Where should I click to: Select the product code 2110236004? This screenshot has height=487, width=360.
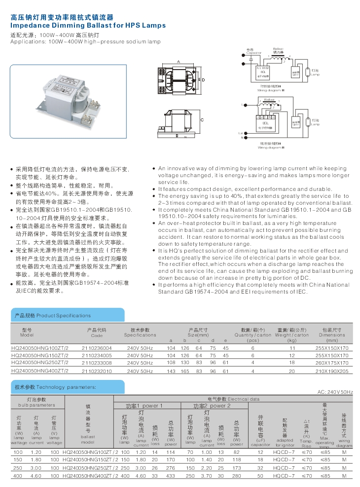[97, 348]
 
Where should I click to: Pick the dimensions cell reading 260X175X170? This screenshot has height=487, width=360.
[332, 363]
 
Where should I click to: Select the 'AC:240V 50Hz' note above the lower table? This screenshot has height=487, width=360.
[335, 392]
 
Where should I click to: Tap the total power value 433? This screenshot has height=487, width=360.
[171, 476]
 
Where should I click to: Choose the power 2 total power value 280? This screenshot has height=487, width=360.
[236, 476]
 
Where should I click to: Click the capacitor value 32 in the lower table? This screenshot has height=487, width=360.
[260, 468]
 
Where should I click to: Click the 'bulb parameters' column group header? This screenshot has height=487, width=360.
[36, 405]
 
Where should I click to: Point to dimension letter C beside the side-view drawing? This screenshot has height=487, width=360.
[202, 120]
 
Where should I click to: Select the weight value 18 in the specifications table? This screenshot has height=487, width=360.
[292, 363]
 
